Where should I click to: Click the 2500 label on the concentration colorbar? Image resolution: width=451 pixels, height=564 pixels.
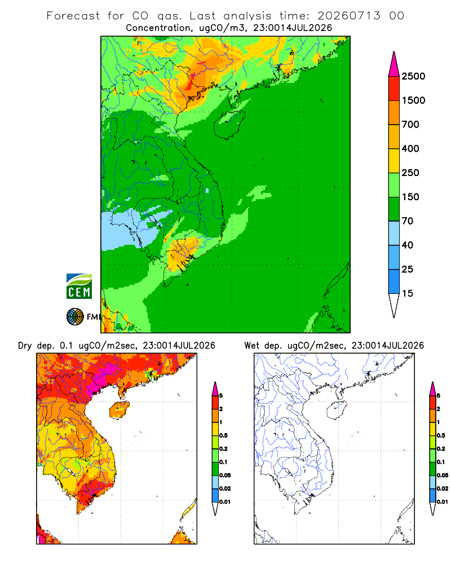coord(413,76)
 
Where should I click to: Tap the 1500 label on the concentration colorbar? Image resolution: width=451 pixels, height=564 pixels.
coord(413,100)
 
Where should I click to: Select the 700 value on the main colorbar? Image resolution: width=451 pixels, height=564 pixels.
coord(410,125)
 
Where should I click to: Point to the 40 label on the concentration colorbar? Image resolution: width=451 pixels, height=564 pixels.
coord(407,245)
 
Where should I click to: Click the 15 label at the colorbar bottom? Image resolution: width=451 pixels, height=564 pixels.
coord(407,293)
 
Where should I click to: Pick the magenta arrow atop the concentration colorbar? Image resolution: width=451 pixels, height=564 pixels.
coord(394,64)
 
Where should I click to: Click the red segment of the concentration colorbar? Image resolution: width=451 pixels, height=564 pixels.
coord(394,89)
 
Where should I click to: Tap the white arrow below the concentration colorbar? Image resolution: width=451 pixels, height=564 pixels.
coord(394,305)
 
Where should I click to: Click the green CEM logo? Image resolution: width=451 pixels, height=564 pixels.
coord(79,286)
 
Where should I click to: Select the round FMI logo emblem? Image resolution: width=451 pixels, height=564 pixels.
coord(75,317)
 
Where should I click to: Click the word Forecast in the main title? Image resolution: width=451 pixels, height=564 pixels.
coord(73,16)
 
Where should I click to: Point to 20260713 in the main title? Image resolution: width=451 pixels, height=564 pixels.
coord(348,16)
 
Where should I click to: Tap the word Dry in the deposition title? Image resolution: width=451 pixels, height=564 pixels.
coord(25,346)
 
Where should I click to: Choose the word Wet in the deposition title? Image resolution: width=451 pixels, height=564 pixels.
coord(251,346)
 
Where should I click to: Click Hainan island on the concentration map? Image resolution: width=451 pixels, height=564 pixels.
coord(229,124)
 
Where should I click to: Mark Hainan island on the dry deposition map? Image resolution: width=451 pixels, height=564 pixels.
coord(120,410)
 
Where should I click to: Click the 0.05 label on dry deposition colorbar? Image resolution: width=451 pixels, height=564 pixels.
coord(225,475)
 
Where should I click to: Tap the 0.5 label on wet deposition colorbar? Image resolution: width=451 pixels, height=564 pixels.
coord(440,435)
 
